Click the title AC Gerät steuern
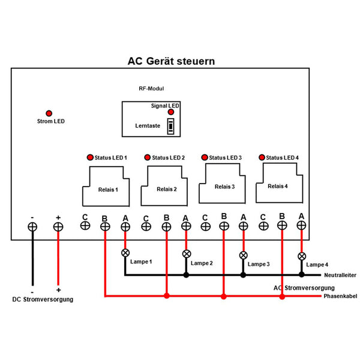pos(171,61)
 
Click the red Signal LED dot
pos(171,112)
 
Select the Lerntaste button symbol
pos(171,127)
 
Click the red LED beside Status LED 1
pos(90,157)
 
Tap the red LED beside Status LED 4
pos(262,157)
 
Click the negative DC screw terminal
pos(33,227)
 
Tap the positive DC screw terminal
pos(58,227)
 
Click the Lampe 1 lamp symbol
pos(125,253)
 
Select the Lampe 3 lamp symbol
pos(243,255)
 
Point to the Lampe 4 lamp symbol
pos(301,256)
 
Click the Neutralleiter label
pos(339,275)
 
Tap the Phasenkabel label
pos(340,296)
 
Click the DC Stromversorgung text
pos(43,299)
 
